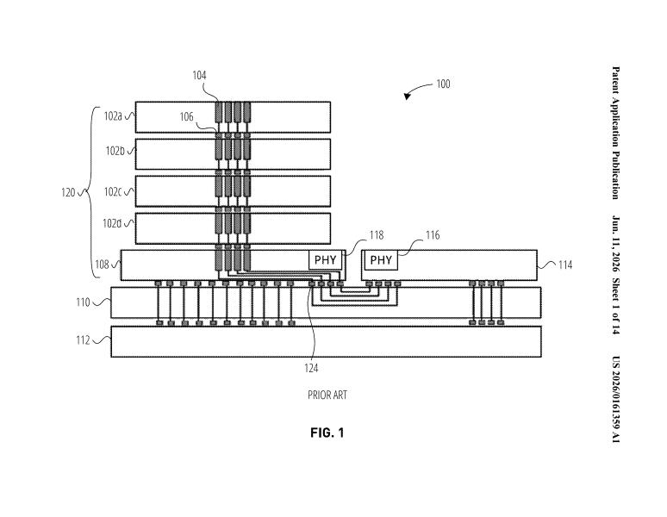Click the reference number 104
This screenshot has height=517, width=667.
tap(199, 76)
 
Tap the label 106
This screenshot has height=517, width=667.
tap(186, 117)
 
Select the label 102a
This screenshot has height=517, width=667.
tap(113, 116)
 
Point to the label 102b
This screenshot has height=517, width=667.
tap(115, 151)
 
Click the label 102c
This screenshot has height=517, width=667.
tap(113, 192)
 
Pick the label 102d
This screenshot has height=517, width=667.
tap(112, 223)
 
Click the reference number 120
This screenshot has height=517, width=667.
tap(68, 193)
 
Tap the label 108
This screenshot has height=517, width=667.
tap(102, 265)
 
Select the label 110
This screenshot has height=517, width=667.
tap(83, 302)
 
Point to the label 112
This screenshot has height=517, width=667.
tap(83, 340)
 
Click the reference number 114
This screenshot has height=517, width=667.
tap(565, 265)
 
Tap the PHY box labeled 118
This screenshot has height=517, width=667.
tap(326, 259)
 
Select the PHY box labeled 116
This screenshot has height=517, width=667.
tap(381, 259)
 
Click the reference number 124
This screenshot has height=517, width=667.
tap(311, 368)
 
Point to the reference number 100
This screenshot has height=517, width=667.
tap(443, 84)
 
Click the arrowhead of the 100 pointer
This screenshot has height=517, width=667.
tap(407, 97)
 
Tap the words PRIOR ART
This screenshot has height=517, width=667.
tap(327, 396)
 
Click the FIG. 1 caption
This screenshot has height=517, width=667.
tap(327, 433)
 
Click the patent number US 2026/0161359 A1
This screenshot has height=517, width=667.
tap(615, 400)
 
